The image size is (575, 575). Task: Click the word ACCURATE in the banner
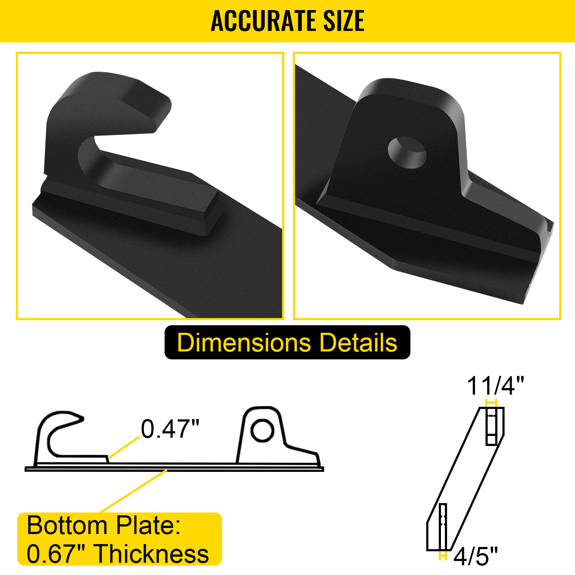tap(264, 21)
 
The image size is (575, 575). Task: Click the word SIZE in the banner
tap(344, 21)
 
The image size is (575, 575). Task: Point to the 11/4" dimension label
tap(495, 386)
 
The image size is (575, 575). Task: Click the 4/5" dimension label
tap(475, 556)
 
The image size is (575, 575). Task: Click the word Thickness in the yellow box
tap(152, 553)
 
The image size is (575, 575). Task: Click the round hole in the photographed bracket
tap(407, 153)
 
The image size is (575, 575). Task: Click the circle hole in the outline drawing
tap(262, 430)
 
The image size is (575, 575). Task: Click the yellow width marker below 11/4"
tap(491, 403)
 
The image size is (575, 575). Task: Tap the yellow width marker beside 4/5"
tap(443, 556)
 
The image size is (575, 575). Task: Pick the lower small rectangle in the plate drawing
tap(443, 526)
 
